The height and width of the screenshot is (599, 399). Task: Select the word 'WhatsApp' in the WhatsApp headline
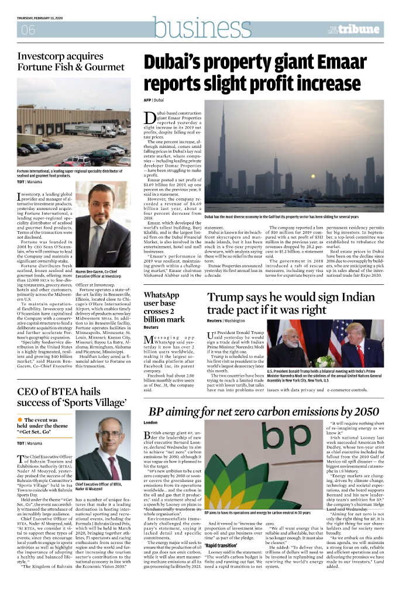click(161, 295)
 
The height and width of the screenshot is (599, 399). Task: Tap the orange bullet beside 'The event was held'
click(20, 420)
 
